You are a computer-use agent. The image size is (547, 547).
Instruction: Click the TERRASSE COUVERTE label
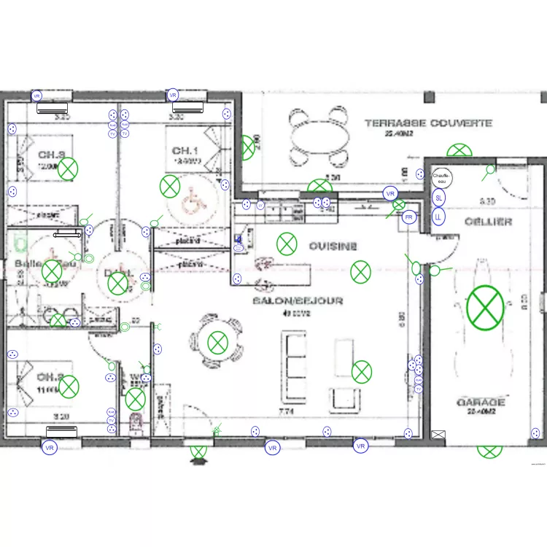tap(428, 123)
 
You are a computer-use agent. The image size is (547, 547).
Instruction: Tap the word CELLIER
tap(488, 222)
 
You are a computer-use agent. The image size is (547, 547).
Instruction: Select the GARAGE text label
tap(481, 403)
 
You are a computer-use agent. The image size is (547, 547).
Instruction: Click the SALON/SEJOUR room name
tap(298, 300)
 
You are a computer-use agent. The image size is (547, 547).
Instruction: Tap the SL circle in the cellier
tap(438, 198)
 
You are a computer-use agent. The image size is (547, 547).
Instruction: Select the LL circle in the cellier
tap(438, 217)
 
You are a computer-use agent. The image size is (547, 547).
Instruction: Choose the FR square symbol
tap(408, 218)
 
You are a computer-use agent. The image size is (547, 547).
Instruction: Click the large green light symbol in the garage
tap(486, 306)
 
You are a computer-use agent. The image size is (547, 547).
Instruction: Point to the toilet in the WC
tap(134, 423)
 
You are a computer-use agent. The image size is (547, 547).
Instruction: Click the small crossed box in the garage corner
tap(438, 435)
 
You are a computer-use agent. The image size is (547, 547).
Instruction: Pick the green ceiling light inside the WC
tap(135, 399)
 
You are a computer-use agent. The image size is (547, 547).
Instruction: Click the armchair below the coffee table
tap(344, 398)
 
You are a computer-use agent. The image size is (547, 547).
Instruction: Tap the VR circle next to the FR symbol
tap(390, 194)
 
